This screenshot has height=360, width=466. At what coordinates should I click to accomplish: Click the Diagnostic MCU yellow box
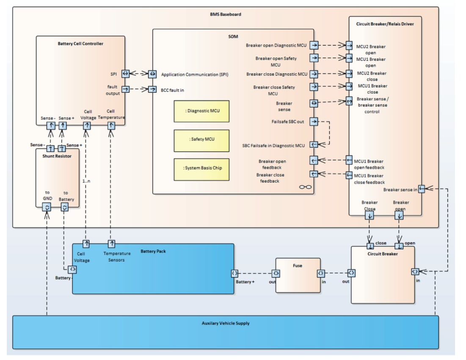(x=201, y=111)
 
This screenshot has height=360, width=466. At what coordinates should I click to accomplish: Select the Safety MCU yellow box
(x=201, y=140)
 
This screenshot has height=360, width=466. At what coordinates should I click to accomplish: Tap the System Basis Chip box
(x=201, y=168)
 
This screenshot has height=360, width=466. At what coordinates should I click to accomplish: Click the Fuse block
(x=298, y=275)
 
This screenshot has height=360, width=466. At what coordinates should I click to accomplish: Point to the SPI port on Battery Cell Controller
(x=125, y=74)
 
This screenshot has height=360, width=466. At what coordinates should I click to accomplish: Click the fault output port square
(x=125, y=89)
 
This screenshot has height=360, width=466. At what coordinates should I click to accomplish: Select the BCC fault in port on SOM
(x=152, y=89)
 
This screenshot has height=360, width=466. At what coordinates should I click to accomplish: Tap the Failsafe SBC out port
(x=314, y=121)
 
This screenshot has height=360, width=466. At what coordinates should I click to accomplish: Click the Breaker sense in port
(x=422, y=189)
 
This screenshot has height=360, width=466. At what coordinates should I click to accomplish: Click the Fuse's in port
(x=321, y=273)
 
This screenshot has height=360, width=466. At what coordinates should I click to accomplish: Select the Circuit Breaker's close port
(x=370, y=246)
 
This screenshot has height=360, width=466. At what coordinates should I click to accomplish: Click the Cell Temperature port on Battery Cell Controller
(x=111, y=125)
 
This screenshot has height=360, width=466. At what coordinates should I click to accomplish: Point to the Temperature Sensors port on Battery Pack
(x=111, y=244)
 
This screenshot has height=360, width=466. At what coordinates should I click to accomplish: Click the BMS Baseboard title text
(x=226, y=14)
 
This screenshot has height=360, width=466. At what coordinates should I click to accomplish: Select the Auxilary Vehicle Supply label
(x=226, y=323)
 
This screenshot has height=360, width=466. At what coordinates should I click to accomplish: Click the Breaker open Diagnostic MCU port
(x=314, y=45)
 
